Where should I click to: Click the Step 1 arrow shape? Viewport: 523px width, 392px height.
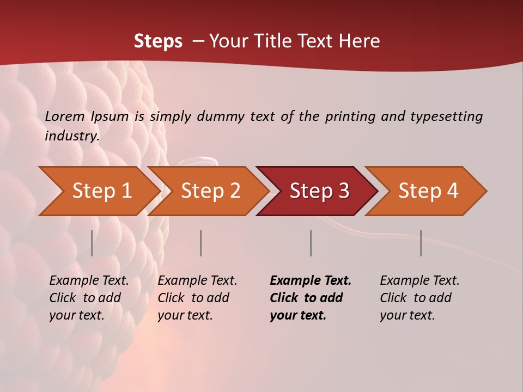click(x=101, y=191)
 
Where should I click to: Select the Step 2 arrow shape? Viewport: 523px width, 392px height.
click(x=210, y=191)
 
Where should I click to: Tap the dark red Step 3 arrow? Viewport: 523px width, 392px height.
click(x=319, y=191)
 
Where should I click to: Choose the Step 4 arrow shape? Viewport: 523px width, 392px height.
click(x=428, y=191)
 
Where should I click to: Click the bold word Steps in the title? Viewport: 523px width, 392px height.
click(x=158, y=41)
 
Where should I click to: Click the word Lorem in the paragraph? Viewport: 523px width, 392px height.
click(x=65, y=116)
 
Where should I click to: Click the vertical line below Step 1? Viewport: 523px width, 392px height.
click(x=92, y=243)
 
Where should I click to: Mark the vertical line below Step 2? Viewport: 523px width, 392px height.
click(x=201, y=243)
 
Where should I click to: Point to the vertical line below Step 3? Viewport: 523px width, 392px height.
click(x=311, y=243)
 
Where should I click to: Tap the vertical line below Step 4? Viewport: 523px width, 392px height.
click(x=421, y=243)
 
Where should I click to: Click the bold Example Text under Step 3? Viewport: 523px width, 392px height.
click(x=311, y=281)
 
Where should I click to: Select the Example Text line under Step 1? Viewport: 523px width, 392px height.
click(x=89, y=281)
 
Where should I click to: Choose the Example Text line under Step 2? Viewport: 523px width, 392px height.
click(x=197, y=281)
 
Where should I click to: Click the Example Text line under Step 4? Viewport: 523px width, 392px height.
click(x=419, y=281)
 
